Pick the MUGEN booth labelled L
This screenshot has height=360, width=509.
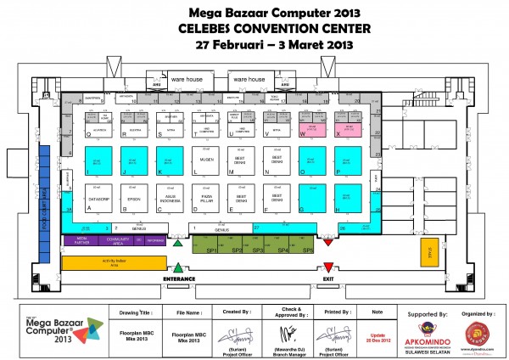click(x=204, y=159)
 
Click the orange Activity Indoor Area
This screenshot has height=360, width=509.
click(x=108, y=263)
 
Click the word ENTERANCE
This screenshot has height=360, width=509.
click(x=179, y=278)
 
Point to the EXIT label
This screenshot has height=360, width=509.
click(x=328, y=278)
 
